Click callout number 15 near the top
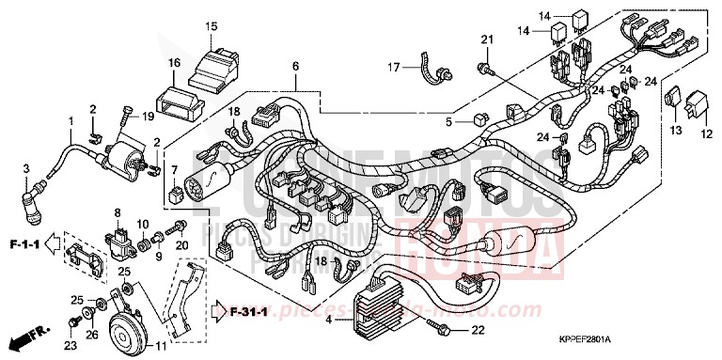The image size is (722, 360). tap(212, 25)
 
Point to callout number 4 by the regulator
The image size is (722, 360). tap(327, 321)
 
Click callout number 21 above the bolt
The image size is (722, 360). tap(487, 39)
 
